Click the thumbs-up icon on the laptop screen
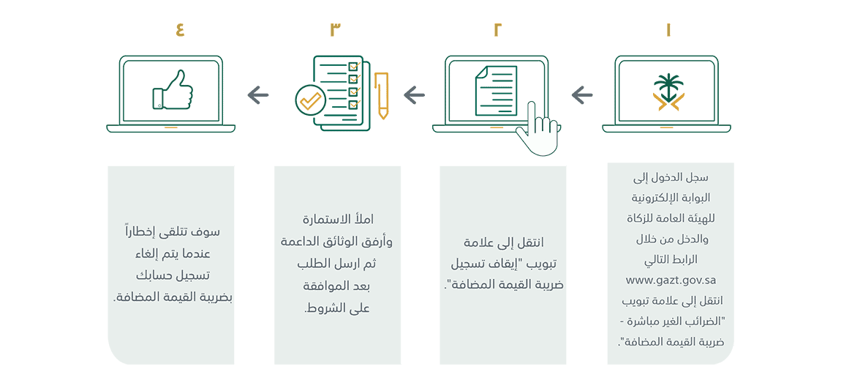tap(172, 89)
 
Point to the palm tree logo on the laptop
tap(666, 92)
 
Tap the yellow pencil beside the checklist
tap(381, 95)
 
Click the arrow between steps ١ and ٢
tap(582, 96)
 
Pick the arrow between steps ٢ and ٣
tap(413, 96)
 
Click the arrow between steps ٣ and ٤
tap(258, 96)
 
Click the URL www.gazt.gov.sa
tap(671, 280)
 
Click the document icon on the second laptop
tap(496, 89)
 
